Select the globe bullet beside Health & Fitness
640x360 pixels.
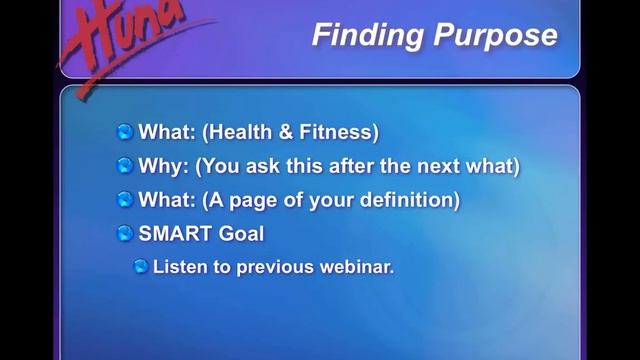[125, 131]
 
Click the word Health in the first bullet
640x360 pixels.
[241, 131]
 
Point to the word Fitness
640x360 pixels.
[337, 131]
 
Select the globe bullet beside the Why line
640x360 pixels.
[125, 165]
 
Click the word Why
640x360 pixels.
[163, 165]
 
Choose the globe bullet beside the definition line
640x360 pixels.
[125, 199]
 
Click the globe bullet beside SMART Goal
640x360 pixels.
[125, 233]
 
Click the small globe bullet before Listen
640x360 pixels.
[141, 267]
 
